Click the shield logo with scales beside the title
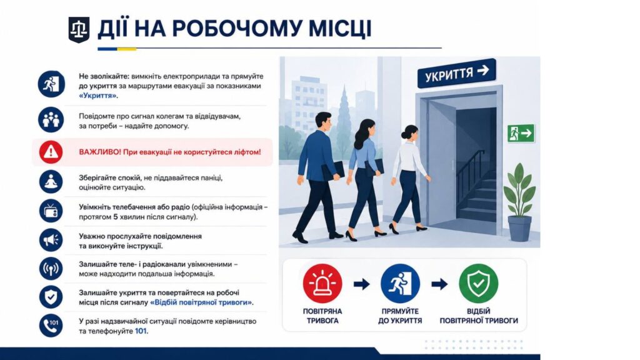79,29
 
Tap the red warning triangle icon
51,152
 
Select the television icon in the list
51,211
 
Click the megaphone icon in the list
51,240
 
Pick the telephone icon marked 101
51,325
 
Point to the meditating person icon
51,182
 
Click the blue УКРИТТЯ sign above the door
456,74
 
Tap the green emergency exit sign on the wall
521,133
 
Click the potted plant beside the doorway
519,202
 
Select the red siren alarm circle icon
322,284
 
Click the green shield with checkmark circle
478,284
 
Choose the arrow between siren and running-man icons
362,284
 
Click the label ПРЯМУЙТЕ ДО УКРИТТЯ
400,316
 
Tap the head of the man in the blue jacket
323,122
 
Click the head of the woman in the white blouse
410,133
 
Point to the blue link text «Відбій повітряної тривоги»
202,302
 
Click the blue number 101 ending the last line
141,331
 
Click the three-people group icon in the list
51,119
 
